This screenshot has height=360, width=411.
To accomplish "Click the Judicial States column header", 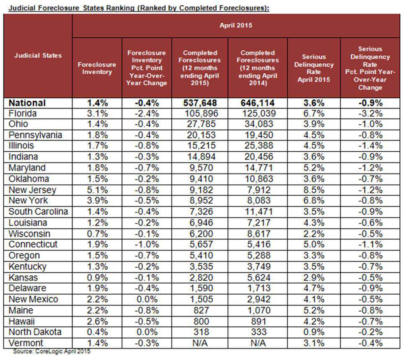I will (x=38, y=55).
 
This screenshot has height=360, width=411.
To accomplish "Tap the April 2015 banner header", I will (x=236, y=26).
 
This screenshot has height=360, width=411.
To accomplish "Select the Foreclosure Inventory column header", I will (x=97, y=68).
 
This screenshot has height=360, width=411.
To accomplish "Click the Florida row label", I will (x=23, y=114).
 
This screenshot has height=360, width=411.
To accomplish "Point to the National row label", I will (x=27, y=103).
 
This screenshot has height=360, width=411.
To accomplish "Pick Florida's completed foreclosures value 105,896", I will (x=199, y=114).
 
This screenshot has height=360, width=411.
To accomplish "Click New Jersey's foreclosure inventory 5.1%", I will (x=97, y=190).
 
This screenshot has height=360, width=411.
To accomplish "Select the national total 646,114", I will (x=257, y=103).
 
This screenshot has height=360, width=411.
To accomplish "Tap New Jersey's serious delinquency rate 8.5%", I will (x=313, y=190).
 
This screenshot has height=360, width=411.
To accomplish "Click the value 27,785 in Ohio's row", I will (x=199, y=124).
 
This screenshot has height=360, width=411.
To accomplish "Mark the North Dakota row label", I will (x=35, y=332).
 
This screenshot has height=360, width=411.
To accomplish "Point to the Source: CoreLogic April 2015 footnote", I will (x=51, y=351).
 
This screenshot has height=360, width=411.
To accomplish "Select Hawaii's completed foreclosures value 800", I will (x=199, y=321).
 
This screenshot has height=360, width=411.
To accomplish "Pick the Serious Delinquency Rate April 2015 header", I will (x=313, y=68).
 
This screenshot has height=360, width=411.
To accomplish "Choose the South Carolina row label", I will (x=38, y=212).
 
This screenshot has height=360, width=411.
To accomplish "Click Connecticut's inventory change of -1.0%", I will (x=147, y=244).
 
